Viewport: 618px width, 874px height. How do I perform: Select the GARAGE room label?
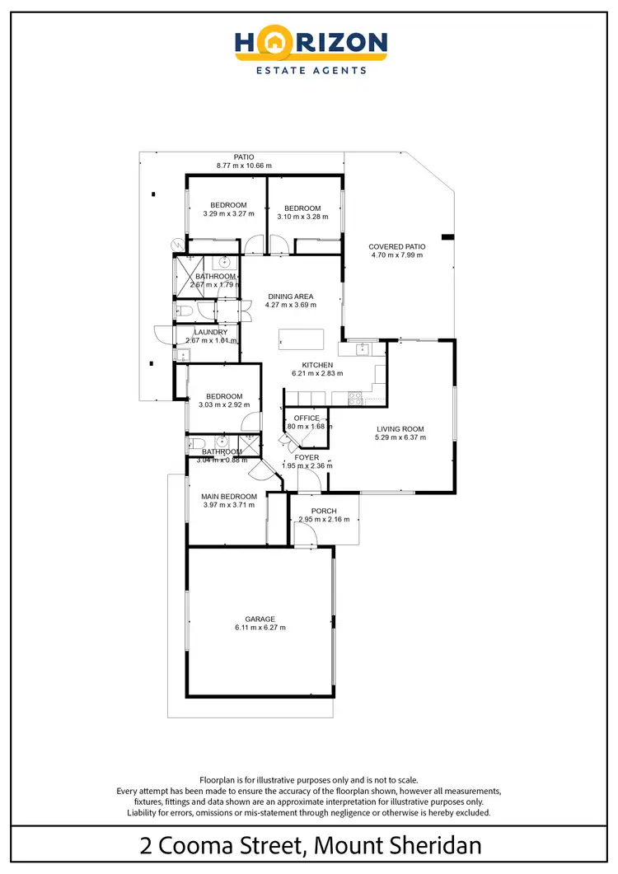click(260, 619)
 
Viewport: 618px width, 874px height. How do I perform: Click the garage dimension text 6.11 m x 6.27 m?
click(260, 629)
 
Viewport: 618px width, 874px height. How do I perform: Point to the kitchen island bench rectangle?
click(301, 339)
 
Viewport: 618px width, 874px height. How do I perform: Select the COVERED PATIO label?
click(397, 245)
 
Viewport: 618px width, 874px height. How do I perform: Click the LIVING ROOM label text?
click(400, 428)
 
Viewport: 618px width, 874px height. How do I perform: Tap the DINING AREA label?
click(290, 297)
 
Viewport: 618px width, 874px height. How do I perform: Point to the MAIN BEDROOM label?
click(229, 497)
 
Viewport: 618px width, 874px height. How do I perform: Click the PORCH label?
click(324, 511)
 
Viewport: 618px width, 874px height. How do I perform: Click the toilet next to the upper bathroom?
click(184, 310)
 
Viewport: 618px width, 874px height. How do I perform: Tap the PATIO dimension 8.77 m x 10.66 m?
click(244, 166)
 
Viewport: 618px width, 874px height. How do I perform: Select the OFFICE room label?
click(307, 418)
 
